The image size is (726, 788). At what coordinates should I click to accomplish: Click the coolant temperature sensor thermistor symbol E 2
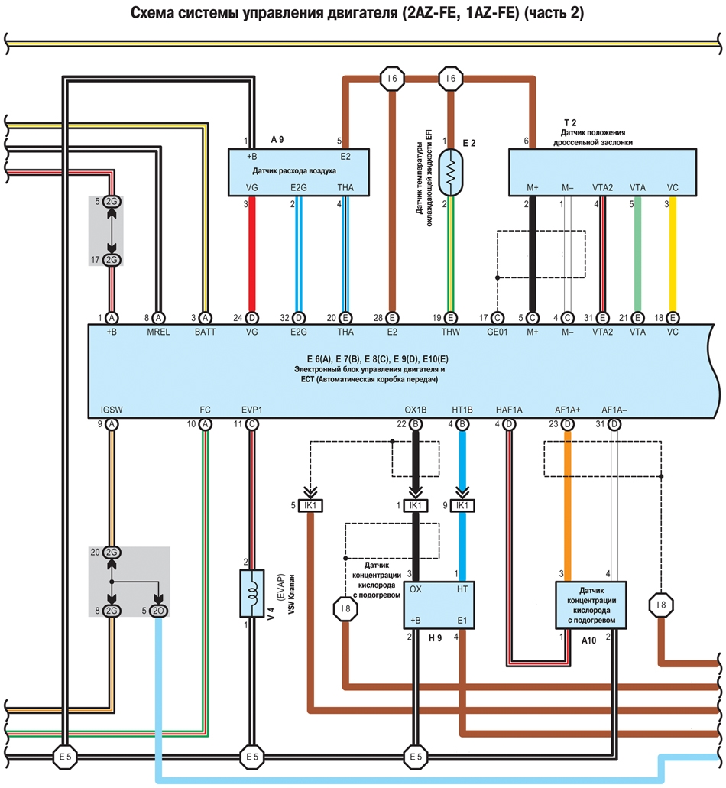pos(451,173)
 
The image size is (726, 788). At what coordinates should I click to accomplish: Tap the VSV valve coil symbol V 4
pos(251,594)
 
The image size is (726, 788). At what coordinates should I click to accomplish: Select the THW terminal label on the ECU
pos(450,332)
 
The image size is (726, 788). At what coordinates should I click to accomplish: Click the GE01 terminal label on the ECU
pos(497,332)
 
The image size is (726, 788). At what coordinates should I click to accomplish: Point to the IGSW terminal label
pos(112,410)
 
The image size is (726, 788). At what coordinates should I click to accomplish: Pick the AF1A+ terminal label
pos(567,410)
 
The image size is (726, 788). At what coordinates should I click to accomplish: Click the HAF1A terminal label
pos(509,410)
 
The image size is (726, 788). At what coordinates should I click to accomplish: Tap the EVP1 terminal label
pos(251,410)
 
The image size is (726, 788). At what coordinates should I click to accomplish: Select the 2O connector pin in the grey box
pos(158,611)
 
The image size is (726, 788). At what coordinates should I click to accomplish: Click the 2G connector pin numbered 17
pos(112,260)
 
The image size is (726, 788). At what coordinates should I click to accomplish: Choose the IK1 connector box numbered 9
pos(462,505)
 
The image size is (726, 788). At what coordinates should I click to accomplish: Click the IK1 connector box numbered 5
pos(310,505)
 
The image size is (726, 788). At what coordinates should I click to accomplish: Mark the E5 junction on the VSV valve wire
pos(251,757)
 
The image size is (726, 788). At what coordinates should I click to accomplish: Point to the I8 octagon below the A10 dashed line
pos(661,605)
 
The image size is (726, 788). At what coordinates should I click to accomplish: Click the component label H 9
pos(435,638)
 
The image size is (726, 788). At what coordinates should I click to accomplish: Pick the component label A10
pos(588,640)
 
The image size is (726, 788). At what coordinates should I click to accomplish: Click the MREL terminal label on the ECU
pos(158,332)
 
